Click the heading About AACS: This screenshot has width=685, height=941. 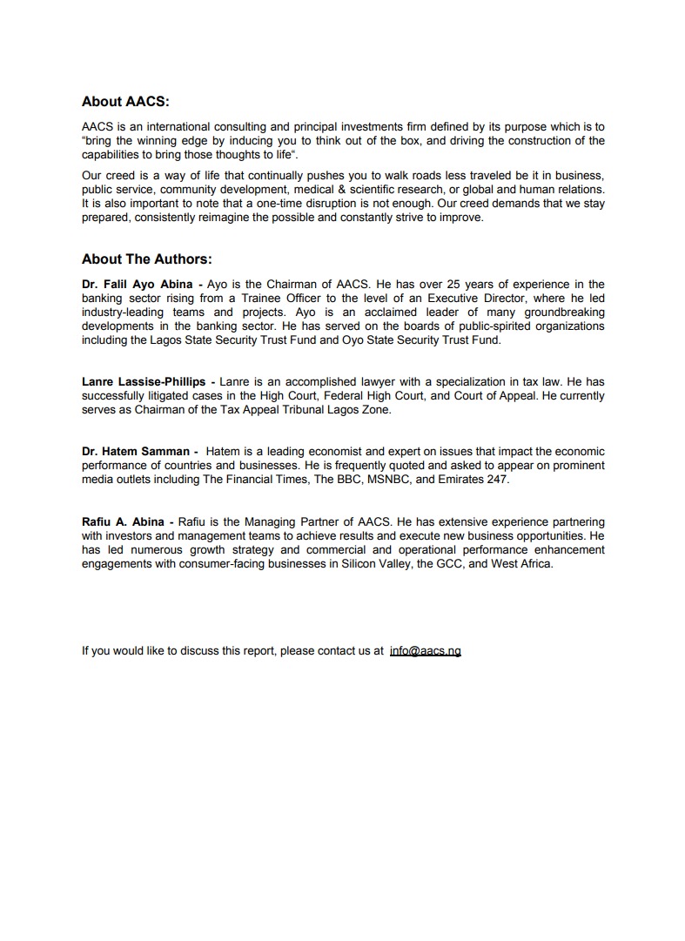pyautogui.click(x=125, y=102)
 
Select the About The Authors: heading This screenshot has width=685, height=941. pyautogui.click(x=147, y=259)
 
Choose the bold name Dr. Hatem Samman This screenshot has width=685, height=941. pyautogui.click(x=135, y=452)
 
